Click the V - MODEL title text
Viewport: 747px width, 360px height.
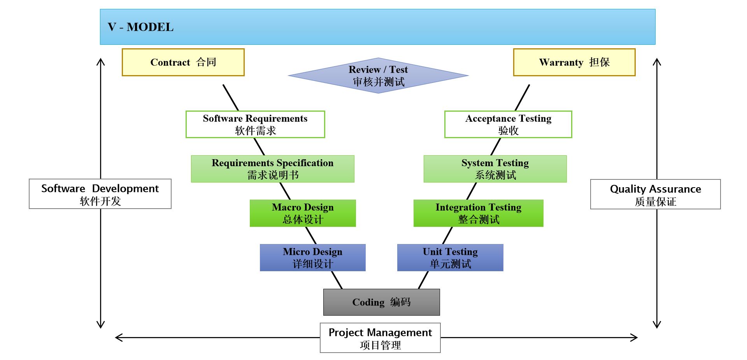pos(140,27)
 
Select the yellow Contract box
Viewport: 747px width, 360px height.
pos(183,62)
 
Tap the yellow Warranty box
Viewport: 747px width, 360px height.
pos(574,62)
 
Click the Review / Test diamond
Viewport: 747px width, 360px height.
pos(378,76)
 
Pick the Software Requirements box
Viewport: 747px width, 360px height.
pos(255,124)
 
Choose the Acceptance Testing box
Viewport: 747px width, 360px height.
pos(508,124)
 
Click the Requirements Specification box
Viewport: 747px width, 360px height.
pos(272,169)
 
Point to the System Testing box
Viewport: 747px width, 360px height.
pos(495,169)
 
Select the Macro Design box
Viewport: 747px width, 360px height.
pos(303,213)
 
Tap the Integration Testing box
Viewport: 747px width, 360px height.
pos(478,213)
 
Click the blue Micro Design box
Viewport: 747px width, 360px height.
pos(312,258)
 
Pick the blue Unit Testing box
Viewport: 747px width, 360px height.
pos(450,258)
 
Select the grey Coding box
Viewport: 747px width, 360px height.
pos(381,302)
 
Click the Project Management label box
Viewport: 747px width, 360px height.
pos(380,338)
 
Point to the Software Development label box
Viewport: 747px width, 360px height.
pos(100,194)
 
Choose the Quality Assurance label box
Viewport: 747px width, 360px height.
pos(655,194)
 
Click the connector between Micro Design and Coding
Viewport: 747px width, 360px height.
pos(337,280)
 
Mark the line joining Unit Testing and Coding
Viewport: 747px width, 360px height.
pos(423,280)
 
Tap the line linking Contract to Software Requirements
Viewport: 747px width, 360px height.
pos(231,98)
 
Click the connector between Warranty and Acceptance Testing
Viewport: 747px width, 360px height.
pos(522,98)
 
